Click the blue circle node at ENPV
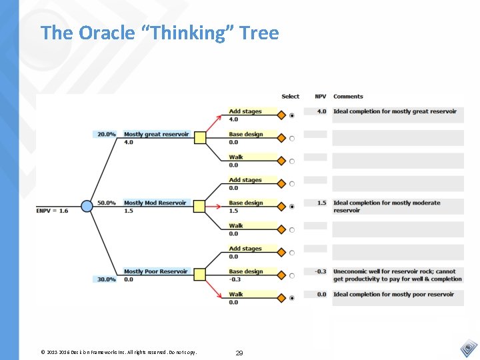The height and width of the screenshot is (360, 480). (x=87, y=207)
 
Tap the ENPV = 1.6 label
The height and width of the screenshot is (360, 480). (x=52, y=211)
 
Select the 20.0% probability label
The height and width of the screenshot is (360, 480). (x=106, y=134)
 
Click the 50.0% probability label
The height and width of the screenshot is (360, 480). (x=106, y=203)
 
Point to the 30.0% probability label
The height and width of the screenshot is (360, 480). (x=106, y=279)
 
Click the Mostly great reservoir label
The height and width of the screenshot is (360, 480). (x=156, y=134)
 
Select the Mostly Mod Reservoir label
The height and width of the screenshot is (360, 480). (x=155, y=203)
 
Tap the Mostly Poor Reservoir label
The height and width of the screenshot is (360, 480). (x=155, y=271)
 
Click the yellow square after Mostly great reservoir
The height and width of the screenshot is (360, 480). (x=199, y=138)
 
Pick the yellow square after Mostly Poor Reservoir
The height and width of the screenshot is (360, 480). (x=199, y=275)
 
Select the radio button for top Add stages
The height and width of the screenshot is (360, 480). (x=292, y=115)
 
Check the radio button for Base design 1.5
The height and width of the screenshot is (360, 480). (x=292, y=207)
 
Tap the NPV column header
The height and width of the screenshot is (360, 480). (x=320, y=97)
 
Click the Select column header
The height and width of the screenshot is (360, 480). (x=291, y=97)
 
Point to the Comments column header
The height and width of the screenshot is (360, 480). (x=348, y=97)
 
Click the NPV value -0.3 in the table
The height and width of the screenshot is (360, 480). (x=321, y=271)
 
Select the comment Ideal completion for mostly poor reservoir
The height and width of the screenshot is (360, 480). (x=393, y=294)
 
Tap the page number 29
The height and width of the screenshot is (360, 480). (x=239, y=352)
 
